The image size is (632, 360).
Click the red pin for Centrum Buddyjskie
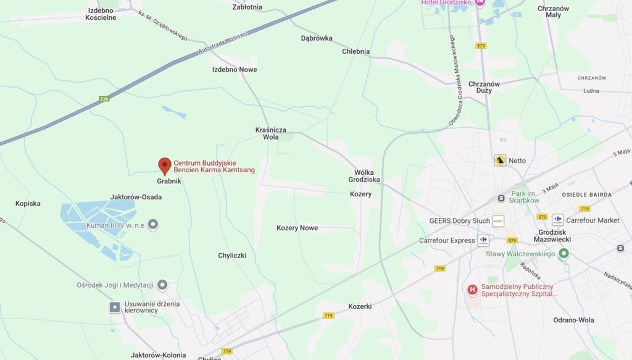pos(164,165)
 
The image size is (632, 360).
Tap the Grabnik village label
pos(168,182)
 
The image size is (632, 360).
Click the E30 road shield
pos(104,98)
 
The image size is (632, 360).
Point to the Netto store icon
pos(500,161)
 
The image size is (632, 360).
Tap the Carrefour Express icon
pos(483,240)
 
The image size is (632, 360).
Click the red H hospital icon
pos(472,289)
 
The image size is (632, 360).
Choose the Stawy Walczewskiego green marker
pos(563,253)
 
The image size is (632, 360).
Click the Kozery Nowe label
pos(297,228)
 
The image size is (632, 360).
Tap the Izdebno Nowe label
pos(235,69)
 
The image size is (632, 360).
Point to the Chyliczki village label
pos(232,255)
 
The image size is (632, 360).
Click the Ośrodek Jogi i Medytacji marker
pos(162,285)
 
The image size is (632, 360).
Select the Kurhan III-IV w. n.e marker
pos(153,224)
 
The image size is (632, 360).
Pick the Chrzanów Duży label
pos(484,88)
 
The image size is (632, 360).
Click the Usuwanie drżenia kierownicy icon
pos(115,307)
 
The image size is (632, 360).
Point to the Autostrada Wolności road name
pos(222,45)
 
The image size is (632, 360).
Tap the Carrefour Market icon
pos(558,219)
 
